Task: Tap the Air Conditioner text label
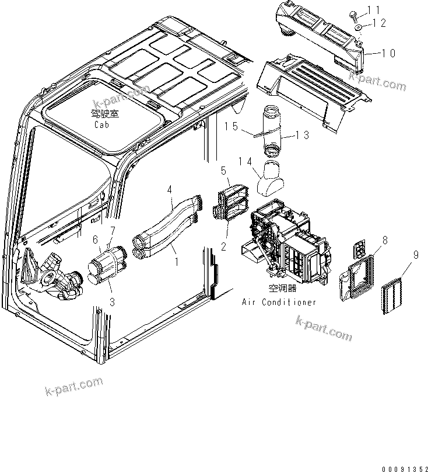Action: coord(279,302)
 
